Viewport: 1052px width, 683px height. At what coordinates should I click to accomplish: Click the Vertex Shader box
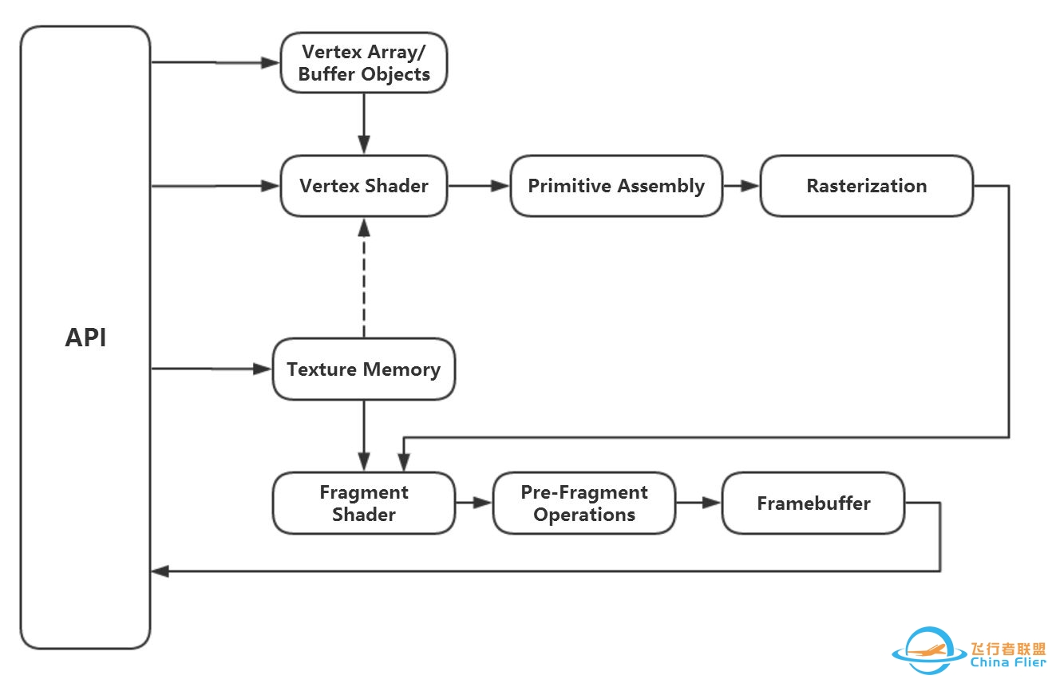[364, 186]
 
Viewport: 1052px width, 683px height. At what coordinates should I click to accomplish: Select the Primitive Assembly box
[616, 186]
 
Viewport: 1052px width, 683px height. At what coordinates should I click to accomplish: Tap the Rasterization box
[867, 186]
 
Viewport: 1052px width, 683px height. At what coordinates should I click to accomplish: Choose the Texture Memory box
[364, 369]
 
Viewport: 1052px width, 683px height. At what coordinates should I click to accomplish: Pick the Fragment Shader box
[364, 503]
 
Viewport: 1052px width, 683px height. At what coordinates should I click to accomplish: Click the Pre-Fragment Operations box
[584, 503]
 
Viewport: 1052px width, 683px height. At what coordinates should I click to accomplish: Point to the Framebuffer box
[813, 503]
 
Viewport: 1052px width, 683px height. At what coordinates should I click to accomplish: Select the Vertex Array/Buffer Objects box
[364, 62]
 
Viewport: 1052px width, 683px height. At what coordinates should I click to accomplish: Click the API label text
[85, 338]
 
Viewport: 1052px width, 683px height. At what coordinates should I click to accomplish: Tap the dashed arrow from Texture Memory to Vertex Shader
[364, 278]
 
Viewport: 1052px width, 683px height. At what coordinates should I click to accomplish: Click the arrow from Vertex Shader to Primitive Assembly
[479, 186]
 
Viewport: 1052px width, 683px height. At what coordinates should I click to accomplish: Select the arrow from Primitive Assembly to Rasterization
[741, 186]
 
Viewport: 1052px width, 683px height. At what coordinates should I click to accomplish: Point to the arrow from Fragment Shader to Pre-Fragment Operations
[474, 503]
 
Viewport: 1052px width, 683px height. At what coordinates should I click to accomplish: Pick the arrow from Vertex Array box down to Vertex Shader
[364, 124]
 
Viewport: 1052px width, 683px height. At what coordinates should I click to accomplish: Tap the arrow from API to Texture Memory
[212, 369]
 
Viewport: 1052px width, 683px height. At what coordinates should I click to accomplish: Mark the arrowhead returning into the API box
[160, 571]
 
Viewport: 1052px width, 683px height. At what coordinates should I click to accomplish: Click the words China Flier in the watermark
[1008, 662]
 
